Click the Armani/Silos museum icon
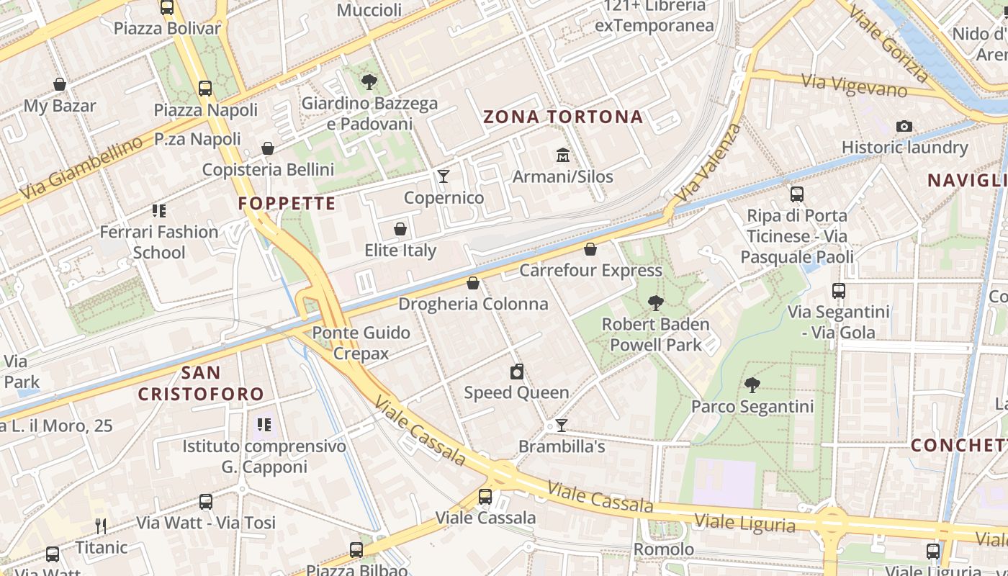coord(562,155)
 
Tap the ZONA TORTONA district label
coord(563,117)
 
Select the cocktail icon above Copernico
coord(444,176)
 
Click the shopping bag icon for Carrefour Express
coord(590,249)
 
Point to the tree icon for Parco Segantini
coord(752,385)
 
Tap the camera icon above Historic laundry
coord(904,126)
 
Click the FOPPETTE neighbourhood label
coord(287,204)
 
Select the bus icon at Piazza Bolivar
coord(167,8)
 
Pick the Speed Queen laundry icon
coord(516,372)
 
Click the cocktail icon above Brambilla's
coord(562,426)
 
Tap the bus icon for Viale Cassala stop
coord(485,496)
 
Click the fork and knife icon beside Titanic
coord(101,526)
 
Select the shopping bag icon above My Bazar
coord(60,84)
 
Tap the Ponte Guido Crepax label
coord(361,343)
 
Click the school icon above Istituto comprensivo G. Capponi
coord(264,425)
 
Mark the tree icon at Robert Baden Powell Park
coord(655,303)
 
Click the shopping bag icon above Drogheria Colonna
coord(473,283)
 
